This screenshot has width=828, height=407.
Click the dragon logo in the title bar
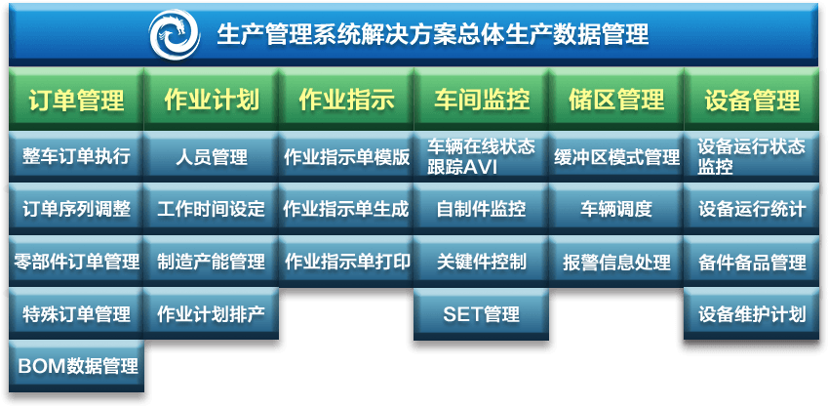click(175, 34)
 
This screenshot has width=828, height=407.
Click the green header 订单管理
click(76, 100)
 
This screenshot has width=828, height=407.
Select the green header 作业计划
click(212, 100)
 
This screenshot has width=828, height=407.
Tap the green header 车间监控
click(481, 100)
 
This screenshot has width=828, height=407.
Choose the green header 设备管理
click(751, 100)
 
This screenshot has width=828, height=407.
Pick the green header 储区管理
click(616, 100)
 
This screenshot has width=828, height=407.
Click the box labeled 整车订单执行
click(76, 156)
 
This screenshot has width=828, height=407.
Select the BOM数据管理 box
click(76, 366)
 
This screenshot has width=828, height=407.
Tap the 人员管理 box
click(212, 156)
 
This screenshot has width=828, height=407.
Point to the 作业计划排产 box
click(212, 314)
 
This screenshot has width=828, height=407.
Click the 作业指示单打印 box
click(346, 262)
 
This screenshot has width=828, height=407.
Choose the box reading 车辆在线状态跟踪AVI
click(481, 156)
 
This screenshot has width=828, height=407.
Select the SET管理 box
click(481, 314)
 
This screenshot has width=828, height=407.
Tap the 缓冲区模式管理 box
click(616, 156)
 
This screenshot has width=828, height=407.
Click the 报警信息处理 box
click(616, 262)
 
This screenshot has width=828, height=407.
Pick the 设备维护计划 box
click(751, 314)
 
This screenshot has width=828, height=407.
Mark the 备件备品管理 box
click(751, 262)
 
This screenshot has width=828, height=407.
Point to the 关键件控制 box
click(481, 262)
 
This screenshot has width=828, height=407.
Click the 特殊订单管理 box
click(76, 314)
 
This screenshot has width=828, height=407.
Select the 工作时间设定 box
click(212, 209)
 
